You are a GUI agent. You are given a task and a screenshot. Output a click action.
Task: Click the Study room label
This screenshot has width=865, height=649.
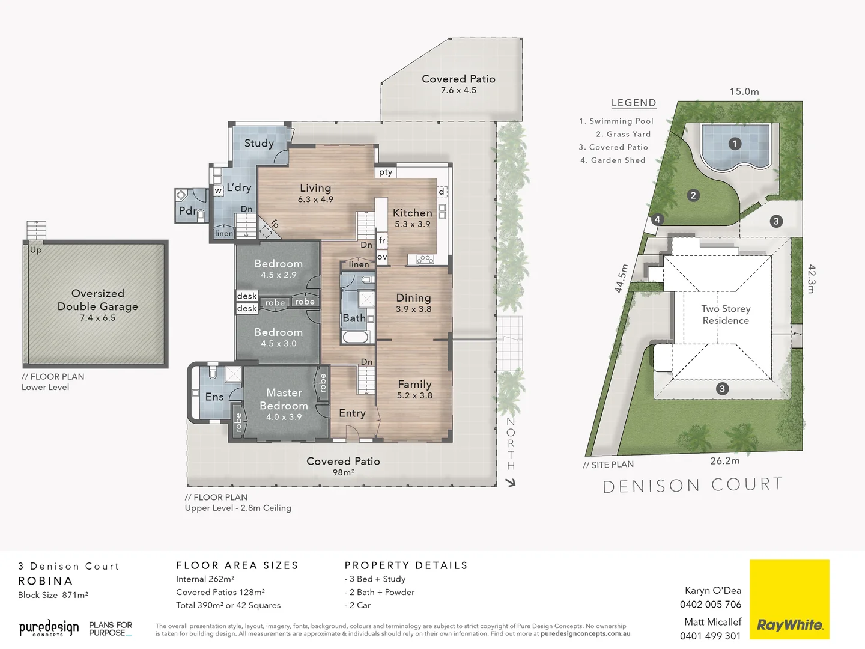click(259, 143)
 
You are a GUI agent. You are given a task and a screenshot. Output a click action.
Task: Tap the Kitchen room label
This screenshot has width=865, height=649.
click(412, 213)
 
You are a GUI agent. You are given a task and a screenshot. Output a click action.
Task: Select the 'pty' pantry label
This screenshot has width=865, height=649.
click(386, 172)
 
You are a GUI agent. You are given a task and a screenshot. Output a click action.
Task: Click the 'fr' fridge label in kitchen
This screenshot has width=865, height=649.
click(382, 240)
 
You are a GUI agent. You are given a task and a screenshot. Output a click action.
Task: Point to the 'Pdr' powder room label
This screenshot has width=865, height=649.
click(187, 211)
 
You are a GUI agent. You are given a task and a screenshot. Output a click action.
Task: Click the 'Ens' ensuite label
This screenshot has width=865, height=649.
click(214, 397)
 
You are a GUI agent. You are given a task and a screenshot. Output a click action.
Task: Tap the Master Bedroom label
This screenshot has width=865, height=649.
click(284, 399)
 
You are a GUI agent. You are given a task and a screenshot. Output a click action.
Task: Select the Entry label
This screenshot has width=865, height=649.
click(352, 413)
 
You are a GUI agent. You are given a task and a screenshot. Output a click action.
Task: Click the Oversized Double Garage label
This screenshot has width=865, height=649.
click(98, 300)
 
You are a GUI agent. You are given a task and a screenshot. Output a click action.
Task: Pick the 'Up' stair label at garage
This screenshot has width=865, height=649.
click(36, 250)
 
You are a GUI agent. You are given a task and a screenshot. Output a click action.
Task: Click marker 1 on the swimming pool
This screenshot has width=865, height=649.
click(734, 144)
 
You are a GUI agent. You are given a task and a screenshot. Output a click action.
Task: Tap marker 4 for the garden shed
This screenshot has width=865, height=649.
click(657, 219)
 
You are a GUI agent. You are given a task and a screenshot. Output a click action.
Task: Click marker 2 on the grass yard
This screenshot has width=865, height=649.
click(693, 195)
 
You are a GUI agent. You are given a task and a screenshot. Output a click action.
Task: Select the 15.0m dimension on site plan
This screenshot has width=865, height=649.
click(744, 91)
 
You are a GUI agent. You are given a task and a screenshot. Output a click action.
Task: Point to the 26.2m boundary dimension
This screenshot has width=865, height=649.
click(725, 461)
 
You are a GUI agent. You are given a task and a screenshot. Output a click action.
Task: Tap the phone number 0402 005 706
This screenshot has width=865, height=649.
click(711, 605)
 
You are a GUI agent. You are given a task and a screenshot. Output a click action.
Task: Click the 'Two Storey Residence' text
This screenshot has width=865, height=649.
click(726, 314)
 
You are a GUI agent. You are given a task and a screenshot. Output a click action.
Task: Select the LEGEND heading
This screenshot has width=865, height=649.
click(634, 103)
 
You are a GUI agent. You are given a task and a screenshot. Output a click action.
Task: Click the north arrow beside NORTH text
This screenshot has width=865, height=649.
click(511, 482)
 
